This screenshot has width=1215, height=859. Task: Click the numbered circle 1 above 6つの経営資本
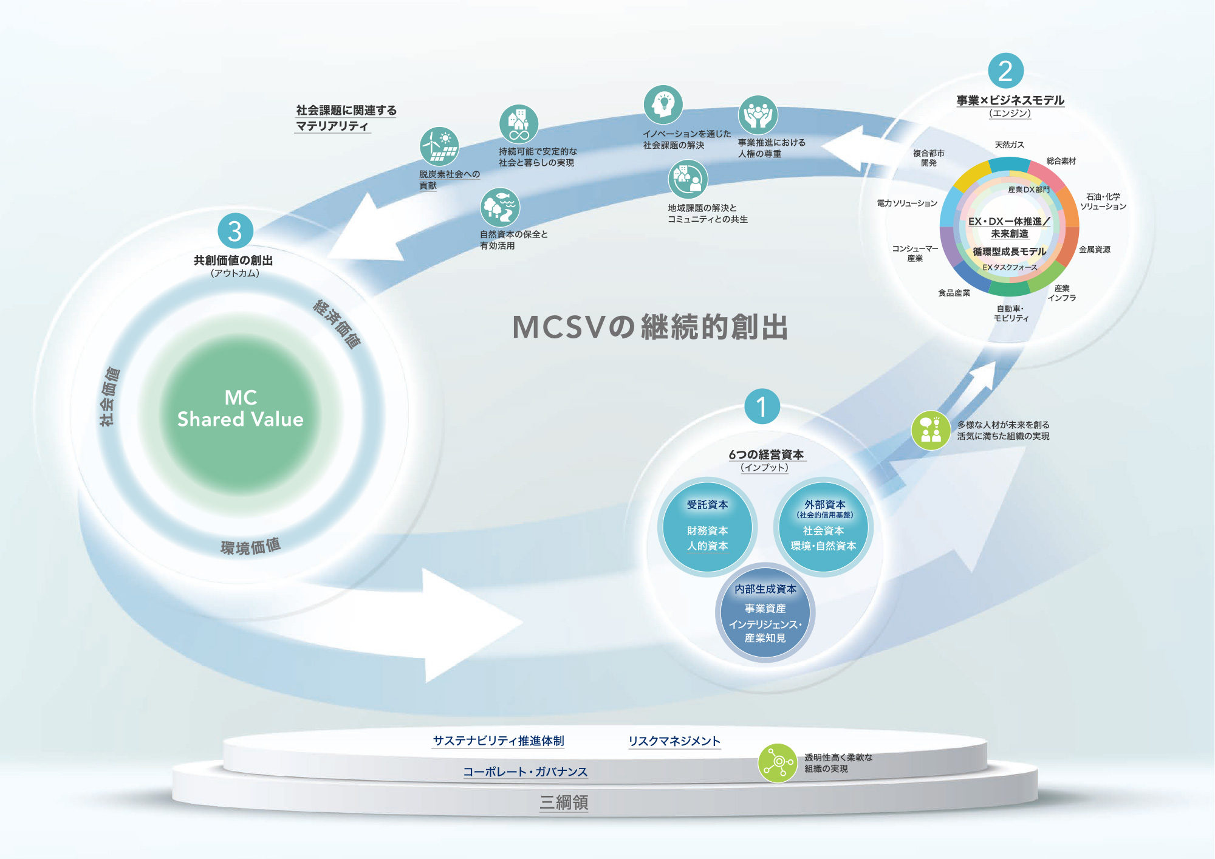tap(762, 406)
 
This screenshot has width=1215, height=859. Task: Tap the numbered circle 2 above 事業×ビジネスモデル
tap(1006, 71)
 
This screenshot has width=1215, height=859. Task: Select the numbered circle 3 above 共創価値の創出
tap(235, 231)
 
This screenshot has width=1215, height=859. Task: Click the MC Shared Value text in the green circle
tap(241, 408)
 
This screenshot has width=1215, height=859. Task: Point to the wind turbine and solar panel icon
tap(439, 146)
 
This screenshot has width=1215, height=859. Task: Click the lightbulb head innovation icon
tap(663, 104)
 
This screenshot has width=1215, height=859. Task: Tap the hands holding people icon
tap(758, 115)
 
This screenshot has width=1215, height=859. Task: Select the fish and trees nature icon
tap(499, 207)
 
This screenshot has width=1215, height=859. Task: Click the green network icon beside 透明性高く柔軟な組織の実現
tap(778, 763)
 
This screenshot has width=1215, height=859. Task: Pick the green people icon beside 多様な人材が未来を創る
tap(931, 430)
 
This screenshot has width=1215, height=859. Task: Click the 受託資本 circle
tap(707, 527)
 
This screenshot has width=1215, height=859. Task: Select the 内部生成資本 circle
tap(765, 612)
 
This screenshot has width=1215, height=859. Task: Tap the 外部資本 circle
tap(823, 527)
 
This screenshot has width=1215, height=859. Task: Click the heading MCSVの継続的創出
tap(650, 327)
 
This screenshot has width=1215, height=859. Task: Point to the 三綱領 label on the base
tap(564, 803)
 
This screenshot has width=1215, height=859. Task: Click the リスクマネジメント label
tap(674, 741)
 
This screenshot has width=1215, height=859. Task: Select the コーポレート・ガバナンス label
tap(525, 772)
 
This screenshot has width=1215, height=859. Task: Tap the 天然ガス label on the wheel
tap(1009, 145)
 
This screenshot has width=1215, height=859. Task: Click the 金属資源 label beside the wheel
tap(1095, 250)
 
